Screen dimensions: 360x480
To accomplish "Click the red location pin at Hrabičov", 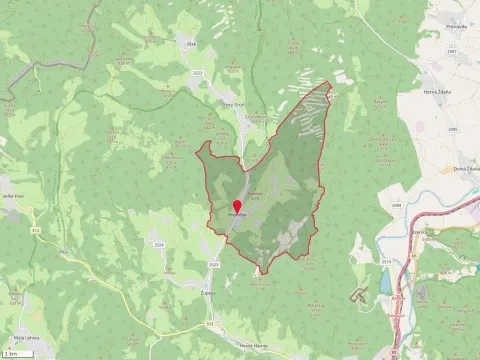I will point(236,207).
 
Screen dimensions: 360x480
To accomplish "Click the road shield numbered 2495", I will point(452,129).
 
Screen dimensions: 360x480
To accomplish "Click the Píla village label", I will point(170,272).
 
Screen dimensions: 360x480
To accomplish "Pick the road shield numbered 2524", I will point(159,243).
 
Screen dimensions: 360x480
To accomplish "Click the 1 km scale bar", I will point(13,353).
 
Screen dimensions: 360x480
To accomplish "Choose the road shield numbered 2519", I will point(386,263).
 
